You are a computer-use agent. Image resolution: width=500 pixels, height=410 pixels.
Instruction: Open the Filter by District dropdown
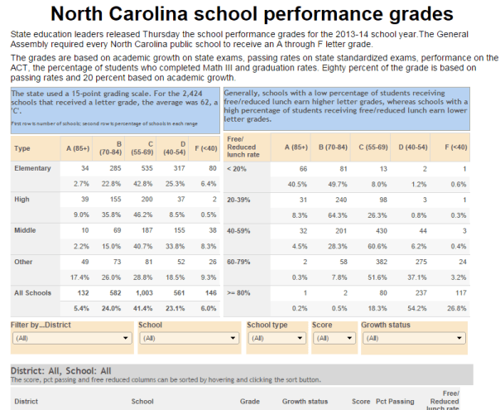click(70, 338)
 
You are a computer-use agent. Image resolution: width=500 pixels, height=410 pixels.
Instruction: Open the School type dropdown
click(276, 338)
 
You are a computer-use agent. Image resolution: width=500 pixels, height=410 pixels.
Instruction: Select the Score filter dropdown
click(333, 338)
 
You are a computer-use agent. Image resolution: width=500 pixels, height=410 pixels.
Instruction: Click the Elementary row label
click(33, 168)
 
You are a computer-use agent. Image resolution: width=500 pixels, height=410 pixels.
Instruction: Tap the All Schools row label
click(33, 293)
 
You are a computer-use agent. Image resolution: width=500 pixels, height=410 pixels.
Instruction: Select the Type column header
click(22, 148)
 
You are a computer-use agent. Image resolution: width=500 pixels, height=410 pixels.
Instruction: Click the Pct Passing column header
click(395, 401)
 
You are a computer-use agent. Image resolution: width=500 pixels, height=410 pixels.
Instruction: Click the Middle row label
click(26, 231)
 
